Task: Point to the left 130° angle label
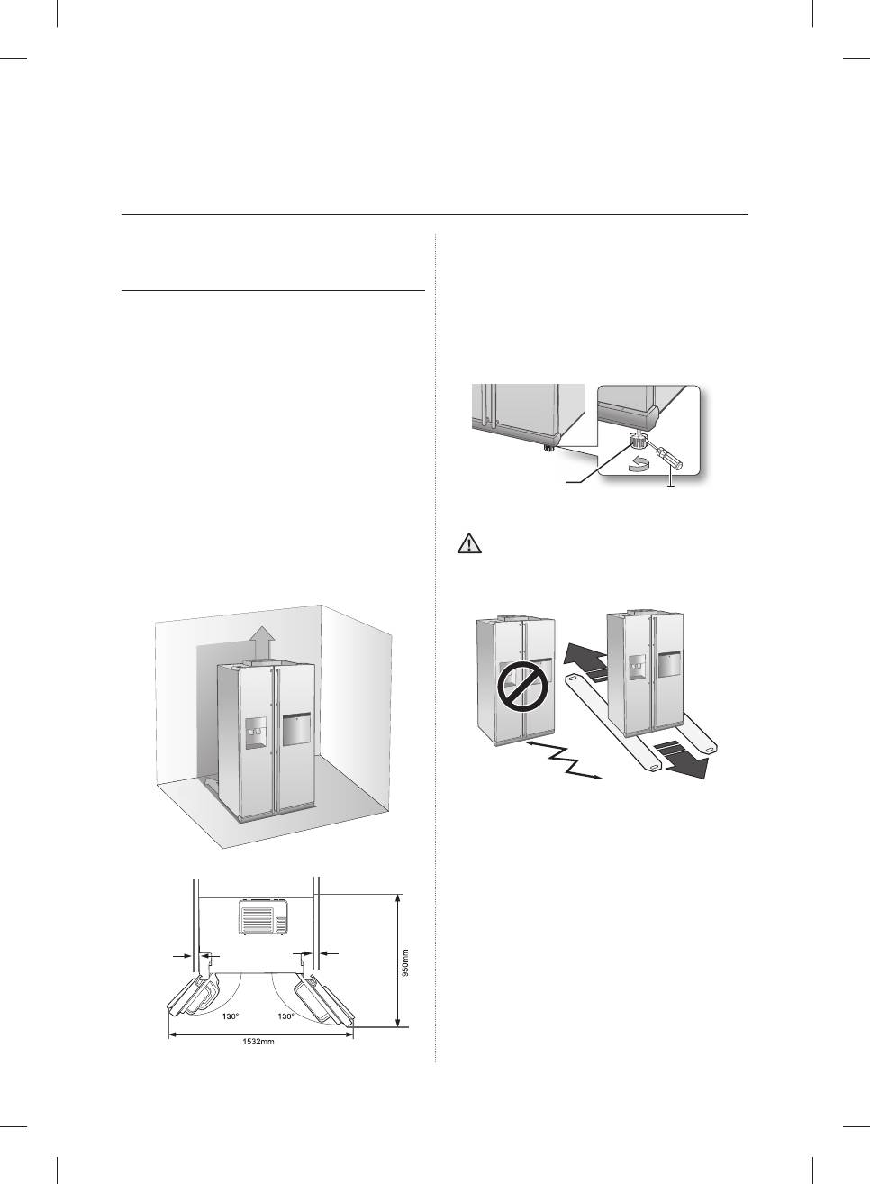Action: (x=231, y=1016)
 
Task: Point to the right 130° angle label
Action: (x=286, y=1016)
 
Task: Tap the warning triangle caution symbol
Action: (x=469, y=543)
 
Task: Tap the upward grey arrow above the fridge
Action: (x=263, y=643)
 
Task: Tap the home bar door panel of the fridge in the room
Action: (x=296, y=730)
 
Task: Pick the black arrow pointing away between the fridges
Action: (x=580, y=662)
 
